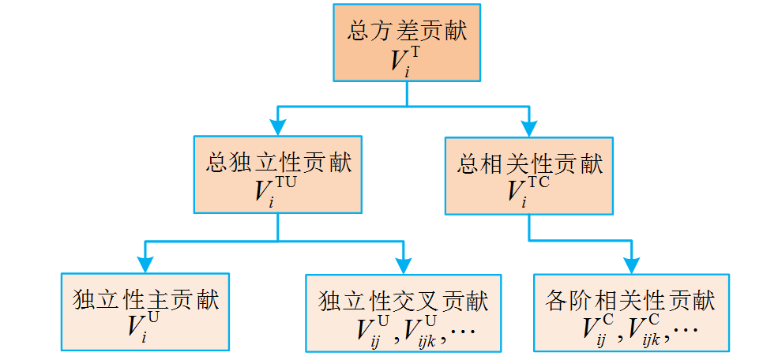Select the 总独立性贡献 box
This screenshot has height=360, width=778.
coord(277,174)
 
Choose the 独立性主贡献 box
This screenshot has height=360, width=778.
coord(145,311)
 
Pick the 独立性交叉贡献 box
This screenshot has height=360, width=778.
coord(403,313)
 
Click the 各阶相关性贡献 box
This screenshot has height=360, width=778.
coord(631,313)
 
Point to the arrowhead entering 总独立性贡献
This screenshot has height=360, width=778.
coord(277,126)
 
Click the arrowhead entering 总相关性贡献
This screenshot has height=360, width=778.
coord(529,126)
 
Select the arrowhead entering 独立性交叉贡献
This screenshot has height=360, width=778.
coord(403,264)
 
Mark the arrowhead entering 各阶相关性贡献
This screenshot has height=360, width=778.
coord(631,264)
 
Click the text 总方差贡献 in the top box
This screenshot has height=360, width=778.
coord(406,32)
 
